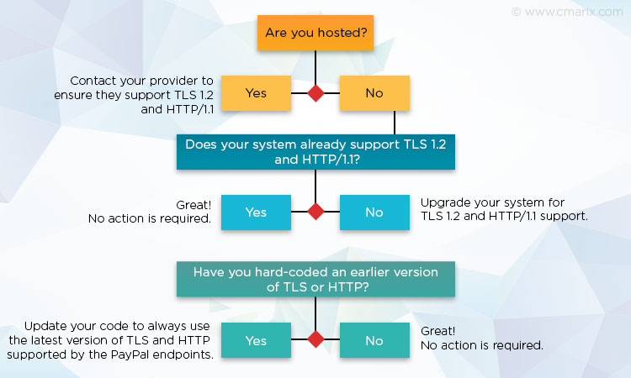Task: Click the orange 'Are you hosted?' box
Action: pos(315,33)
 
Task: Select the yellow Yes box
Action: pos(256,92)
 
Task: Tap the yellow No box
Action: pos(374,92)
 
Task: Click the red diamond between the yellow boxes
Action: pos(315,93)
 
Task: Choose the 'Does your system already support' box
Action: pos(315,152)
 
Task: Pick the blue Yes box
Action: pos(256,212)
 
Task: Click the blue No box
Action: pos(374,212)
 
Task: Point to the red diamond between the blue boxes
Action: pos(315,212)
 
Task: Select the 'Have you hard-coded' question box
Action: pos(315,279)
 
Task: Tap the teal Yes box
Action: pos(256,340)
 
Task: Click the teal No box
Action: pos(374,340)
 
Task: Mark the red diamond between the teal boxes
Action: pos(315,339)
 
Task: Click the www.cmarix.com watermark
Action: pos(567,12)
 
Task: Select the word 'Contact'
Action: pos(93,81)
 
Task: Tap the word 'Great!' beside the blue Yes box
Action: pos(194,205)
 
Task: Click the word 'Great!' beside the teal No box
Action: pos(437,331)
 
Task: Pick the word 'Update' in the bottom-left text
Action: pos(45,326)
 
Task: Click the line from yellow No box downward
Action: pos(395,123)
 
